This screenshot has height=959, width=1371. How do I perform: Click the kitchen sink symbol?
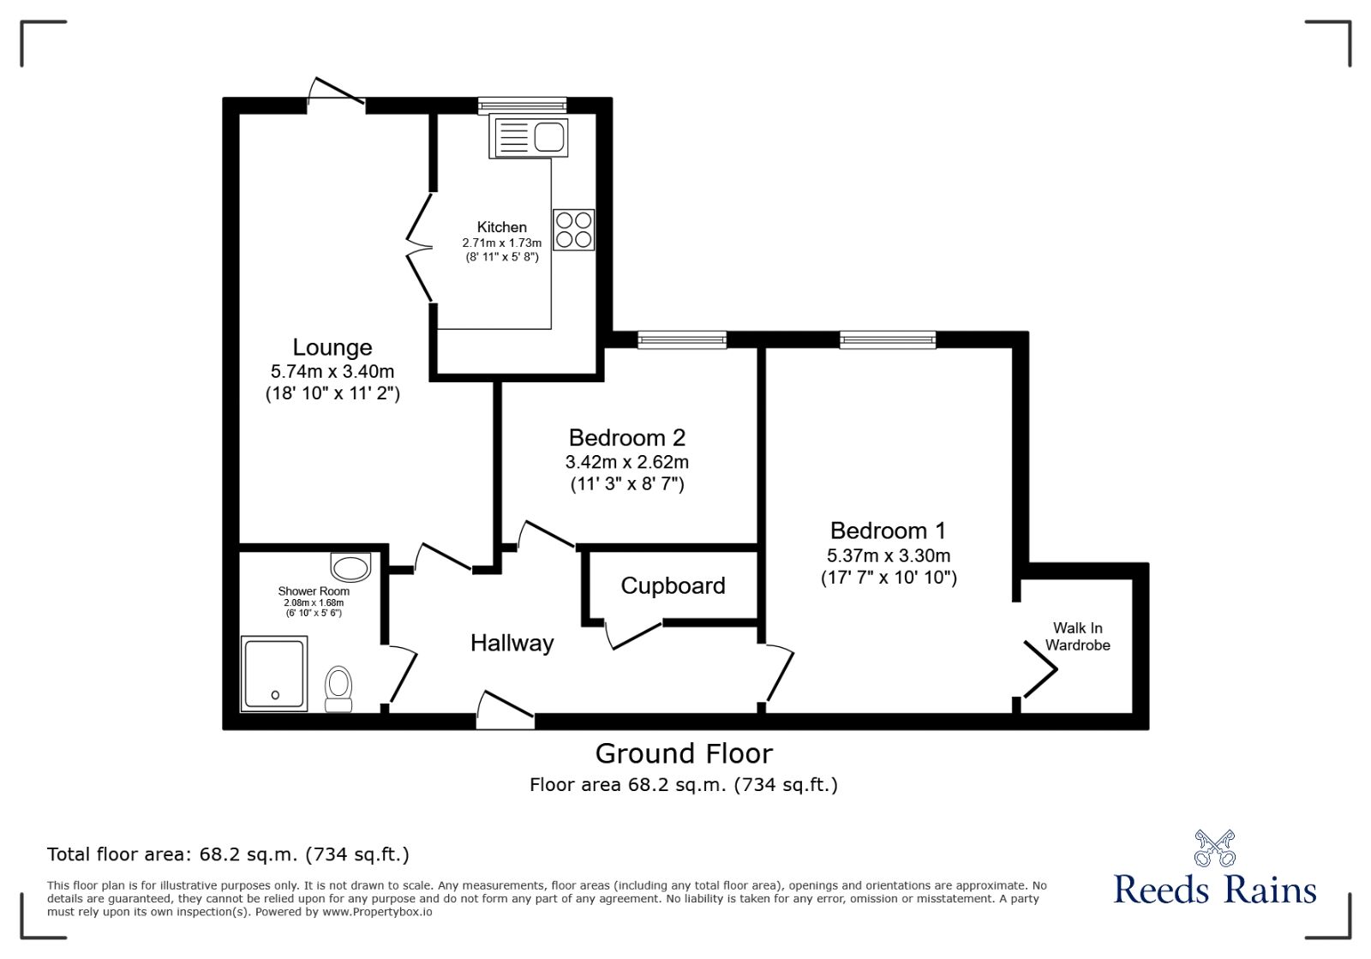point(529,137)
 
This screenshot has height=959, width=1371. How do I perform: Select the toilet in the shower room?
point(338,689)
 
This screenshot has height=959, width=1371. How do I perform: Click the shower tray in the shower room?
point(274,674)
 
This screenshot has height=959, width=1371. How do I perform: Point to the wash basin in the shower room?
point(350,566)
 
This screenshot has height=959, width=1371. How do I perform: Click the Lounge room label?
point(332,347)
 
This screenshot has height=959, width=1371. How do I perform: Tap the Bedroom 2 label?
point(627,438)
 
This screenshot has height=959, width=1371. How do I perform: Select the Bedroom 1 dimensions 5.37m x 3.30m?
point(889,555)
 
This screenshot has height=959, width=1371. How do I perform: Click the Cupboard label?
point(673,585)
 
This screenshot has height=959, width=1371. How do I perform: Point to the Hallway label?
point(512,643)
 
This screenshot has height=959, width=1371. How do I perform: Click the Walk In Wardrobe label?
point(1077,637)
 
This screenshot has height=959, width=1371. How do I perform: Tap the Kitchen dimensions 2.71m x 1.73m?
point(502,243)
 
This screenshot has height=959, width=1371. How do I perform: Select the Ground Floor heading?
point(684,753)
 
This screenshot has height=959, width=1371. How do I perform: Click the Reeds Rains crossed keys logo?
point(1215,848)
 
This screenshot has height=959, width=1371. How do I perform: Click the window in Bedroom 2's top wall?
point(682,340)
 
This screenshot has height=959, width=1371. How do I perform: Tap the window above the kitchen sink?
point(522,105)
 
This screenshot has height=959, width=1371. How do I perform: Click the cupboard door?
point(634,635)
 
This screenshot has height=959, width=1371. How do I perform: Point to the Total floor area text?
point(228,854)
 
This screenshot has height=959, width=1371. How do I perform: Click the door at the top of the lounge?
point(337,93)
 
